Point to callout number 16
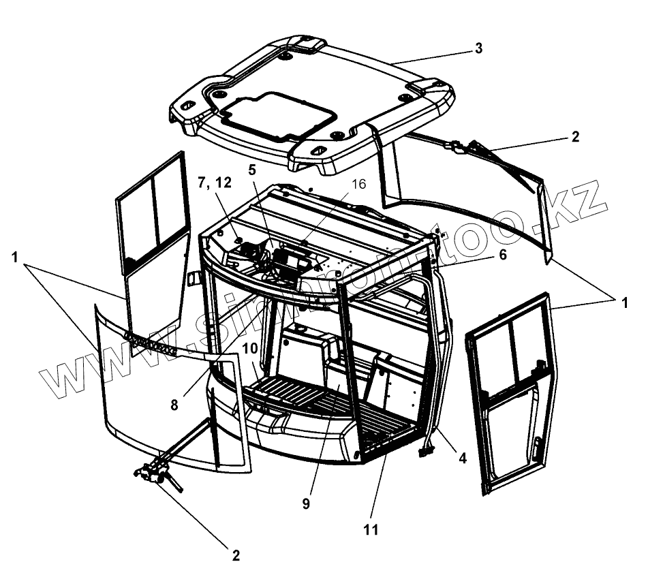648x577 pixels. [x=358, y=184]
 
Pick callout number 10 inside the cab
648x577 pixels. [x=249, y=348]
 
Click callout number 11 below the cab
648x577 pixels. [x=371, y=529]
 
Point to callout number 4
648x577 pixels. [x=463, y=458]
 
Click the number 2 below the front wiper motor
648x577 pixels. [x=236, y=555]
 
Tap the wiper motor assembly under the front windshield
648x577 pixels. [x=157, y=472]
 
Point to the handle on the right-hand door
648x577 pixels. [x=538, y=448]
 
